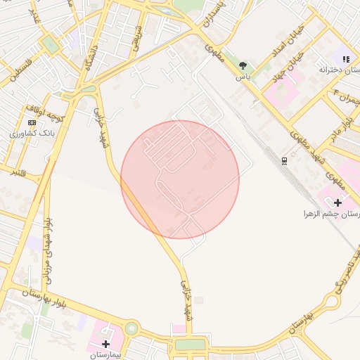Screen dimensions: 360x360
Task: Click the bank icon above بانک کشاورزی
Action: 32,123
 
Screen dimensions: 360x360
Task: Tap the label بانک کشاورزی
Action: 32,133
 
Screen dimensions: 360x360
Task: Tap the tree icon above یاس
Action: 243,65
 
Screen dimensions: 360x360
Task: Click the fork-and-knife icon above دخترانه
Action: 345,59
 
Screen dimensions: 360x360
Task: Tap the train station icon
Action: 283,160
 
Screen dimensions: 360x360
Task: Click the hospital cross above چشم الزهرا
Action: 338,202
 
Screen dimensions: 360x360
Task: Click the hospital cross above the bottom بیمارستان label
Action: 105,344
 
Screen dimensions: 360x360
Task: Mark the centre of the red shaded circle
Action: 180,179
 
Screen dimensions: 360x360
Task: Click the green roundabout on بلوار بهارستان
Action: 131,328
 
